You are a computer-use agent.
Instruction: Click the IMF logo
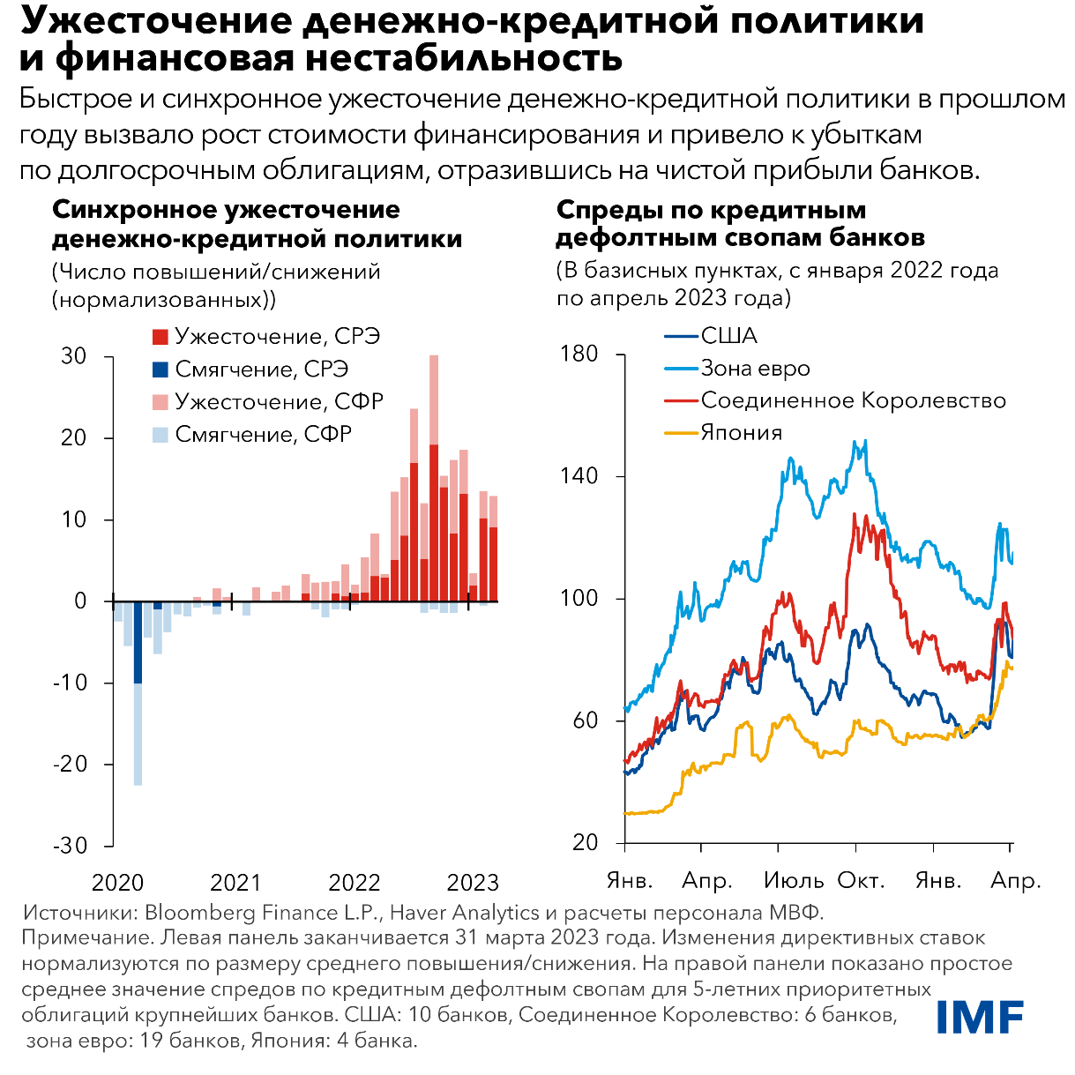pyautogui.click(x=980, y=1017)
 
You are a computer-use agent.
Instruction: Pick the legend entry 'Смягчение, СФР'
pyautogui.click(x=263, y=435)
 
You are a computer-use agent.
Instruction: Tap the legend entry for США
pyautogui.click(x=728, y=336)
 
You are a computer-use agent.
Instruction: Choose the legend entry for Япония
pyautogui.click(x=741, y=433)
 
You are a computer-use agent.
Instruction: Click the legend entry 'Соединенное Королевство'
pyautogui.click(x=853, y=400)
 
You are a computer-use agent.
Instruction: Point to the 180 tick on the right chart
pyautogui.click(x=579, y=355)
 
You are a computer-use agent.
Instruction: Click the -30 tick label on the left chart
pyautogui.click(x=71, y=846)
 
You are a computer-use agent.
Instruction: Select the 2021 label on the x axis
pyautogui.click(x=235, y=883)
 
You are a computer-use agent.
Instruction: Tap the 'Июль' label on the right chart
pyautogui.click(x=794, y=880)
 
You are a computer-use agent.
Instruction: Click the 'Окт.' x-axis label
pyautogui.click(x=861, y=880)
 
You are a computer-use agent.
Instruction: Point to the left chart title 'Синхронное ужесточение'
pyautogui.click(x=226, y=210)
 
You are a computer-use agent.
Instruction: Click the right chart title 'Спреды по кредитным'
pyautogui.click(x=711, y=210)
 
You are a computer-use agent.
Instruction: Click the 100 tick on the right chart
pyautogui.click(x=579, y=599)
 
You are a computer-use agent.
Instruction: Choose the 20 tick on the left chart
pyautogui.click(x=74, y=438)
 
